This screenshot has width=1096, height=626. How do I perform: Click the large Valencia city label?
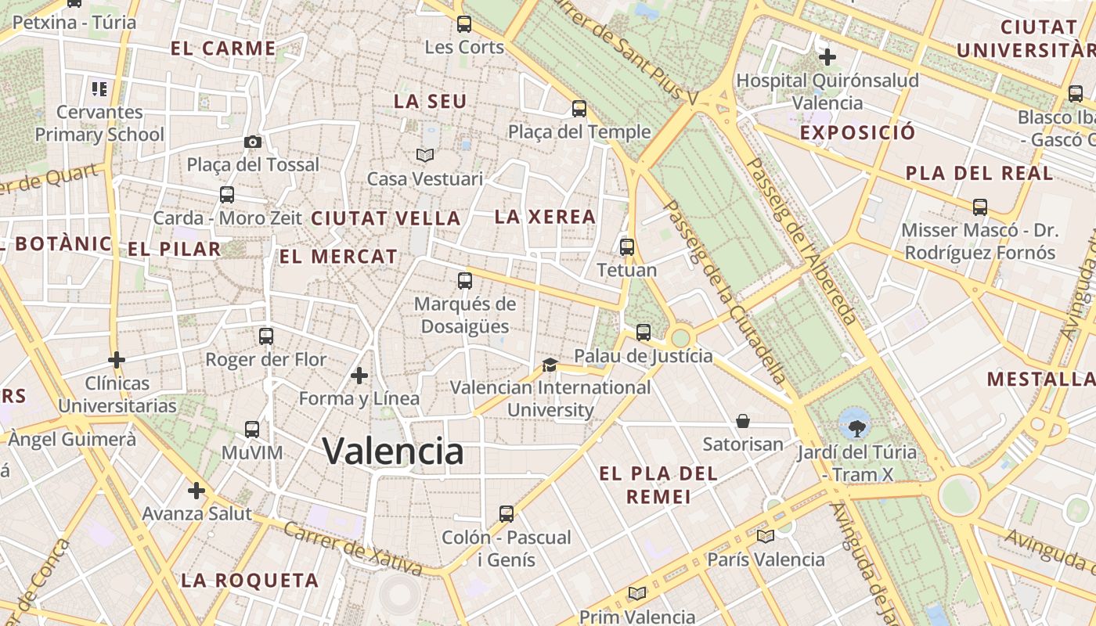point(393,452)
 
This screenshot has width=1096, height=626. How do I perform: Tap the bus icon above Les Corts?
point(464,24)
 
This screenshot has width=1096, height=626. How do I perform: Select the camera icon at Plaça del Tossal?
point(252,142)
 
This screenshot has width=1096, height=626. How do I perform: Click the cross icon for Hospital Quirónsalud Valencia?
point(827,57)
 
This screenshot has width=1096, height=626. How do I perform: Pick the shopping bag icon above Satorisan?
point(743,422)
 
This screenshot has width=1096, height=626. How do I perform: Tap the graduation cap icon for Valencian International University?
point(550,365)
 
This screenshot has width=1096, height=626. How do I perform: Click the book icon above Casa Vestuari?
point(425,155)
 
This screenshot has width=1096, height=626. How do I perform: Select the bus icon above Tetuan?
point(627,247)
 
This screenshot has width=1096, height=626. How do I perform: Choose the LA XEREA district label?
point(545,217)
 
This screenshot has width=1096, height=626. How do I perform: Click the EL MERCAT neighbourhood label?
point(338,257)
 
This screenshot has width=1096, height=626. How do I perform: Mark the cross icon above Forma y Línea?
point(359,376)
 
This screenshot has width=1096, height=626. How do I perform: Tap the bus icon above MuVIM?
point(252,430)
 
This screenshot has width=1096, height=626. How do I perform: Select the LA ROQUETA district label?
point(250,581)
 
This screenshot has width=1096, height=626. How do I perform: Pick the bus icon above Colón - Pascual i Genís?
point(507,514)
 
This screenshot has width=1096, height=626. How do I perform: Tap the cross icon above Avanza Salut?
point(196,491)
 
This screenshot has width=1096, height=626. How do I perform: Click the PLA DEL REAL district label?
point(979,174)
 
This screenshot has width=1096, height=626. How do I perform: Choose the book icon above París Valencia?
point(766,536)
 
